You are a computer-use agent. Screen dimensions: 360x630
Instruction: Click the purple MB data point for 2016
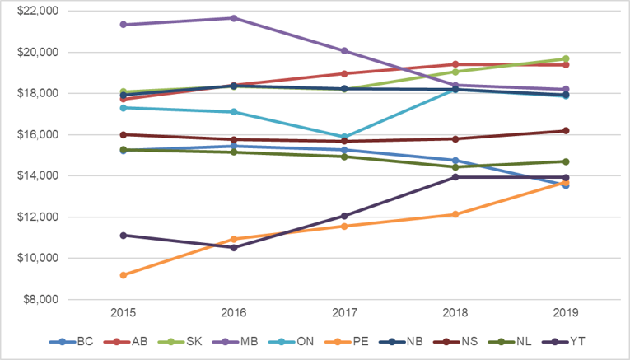click(234, 18)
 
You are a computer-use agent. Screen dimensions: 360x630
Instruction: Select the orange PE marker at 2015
click(124, 275)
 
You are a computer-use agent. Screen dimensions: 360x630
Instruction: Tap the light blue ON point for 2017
click(344, 137)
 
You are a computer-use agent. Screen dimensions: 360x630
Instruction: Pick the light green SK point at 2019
click(566, 58)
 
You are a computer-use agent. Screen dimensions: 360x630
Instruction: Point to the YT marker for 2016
click(234, 247)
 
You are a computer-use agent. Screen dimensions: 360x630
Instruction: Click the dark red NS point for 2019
click(566, 130)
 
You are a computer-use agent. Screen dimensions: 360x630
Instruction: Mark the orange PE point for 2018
click(455, 214)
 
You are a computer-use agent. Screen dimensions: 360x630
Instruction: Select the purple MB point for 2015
click(124, 25)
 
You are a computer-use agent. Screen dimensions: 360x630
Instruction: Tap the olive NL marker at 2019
click(566, 161)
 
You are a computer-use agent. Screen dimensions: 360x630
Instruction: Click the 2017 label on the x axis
click(344, 313)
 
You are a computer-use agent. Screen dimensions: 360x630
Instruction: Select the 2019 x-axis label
click(566, 313)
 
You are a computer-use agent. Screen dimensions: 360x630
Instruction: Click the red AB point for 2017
click(344, 73)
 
